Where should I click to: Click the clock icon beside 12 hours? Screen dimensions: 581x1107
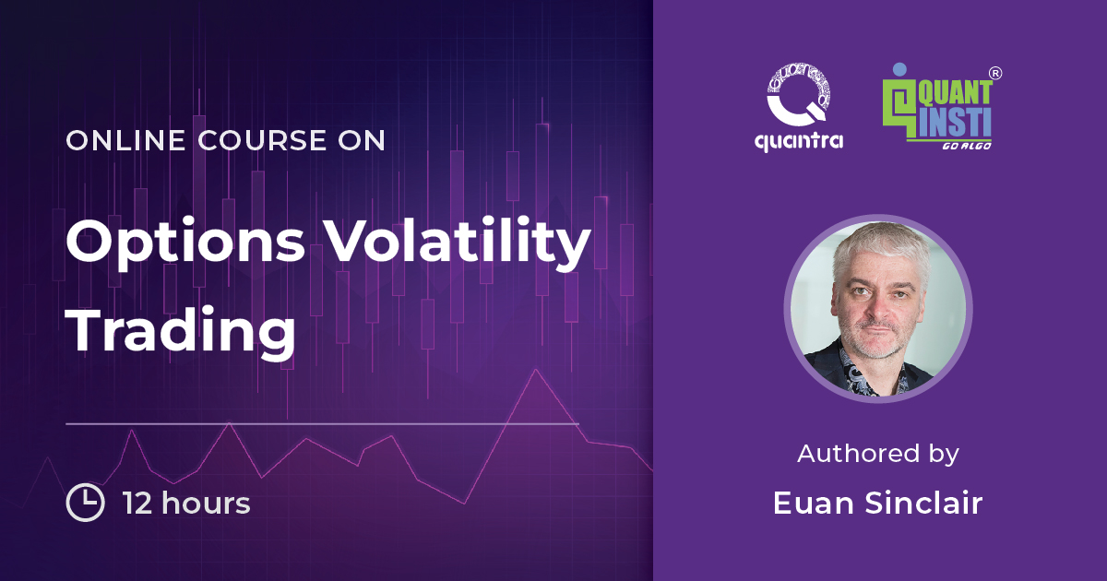(85, 504)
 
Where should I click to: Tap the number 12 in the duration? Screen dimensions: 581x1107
(138, 504)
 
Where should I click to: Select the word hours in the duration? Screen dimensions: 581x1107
(205, 504)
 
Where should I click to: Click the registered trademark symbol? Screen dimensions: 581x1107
(995, 71)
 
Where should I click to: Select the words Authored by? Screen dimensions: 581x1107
(878, 454)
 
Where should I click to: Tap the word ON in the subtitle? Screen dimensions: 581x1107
(363, 140)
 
